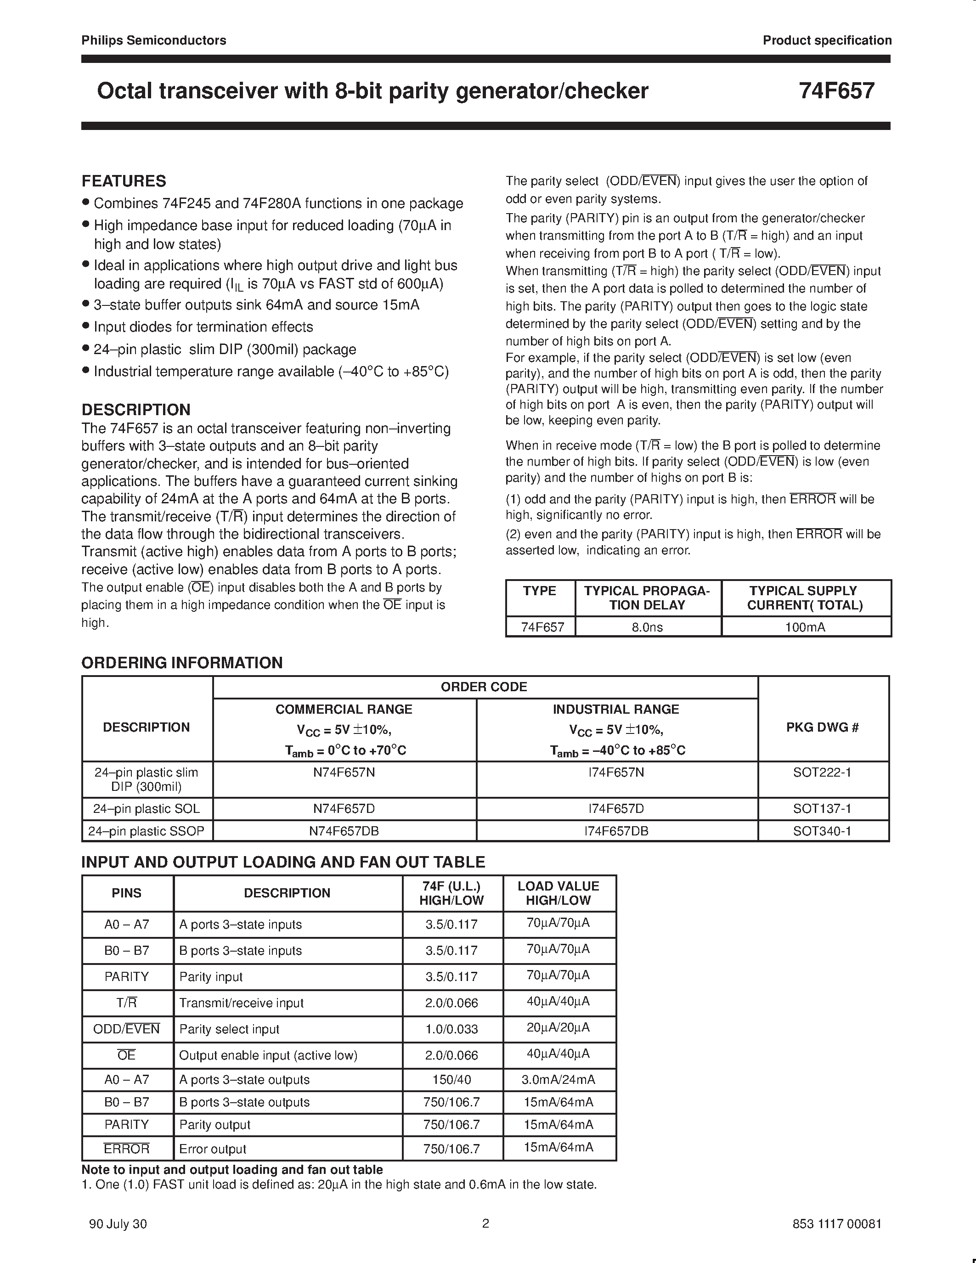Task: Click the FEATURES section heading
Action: click(124, 181)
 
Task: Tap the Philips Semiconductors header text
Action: click(154, 40)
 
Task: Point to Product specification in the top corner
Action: click(827, 40)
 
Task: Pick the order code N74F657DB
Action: click(344, 831)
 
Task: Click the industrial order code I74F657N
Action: click(616, 772)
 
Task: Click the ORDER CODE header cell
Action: click(484, 687)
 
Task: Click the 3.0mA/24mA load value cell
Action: click(558, 1080)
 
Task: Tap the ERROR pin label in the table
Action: click(127, 1149)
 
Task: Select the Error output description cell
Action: click(213, 1149)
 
